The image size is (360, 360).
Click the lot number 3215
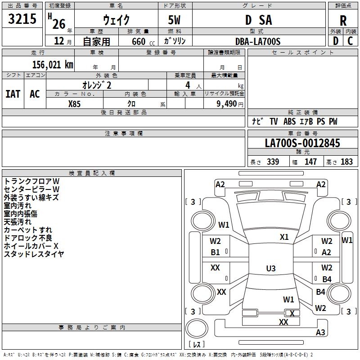22,19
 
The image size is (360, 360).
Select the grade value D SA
258,20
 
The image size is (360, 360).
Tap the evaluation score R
343,21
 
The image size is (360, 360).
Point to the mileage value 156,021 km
53,65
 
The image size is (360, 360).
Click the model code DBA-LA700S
258,41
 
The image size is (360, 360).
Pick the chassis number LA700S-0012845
302,143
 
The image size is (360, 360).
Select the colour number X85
74,104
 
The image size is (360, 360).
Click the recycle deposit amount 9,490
226,104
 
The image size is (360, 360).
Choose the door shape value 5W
174,20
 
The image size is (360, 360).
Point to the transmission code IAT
13,94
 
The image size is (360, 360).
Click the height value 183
346,162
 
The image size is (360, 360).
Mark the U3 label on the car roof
271,268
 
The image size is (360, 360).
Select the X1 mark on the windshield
284,237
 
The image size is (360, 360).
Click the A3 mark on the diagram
320,332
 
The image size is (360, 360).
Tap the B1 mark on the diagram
215,252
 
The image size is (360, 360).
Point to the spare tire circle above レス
197,328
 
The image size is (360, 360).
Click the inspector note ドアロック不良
28,238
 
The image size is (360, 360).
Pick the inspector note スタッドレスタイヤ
34,254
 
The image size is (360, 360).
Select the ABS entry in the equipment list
289,121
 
